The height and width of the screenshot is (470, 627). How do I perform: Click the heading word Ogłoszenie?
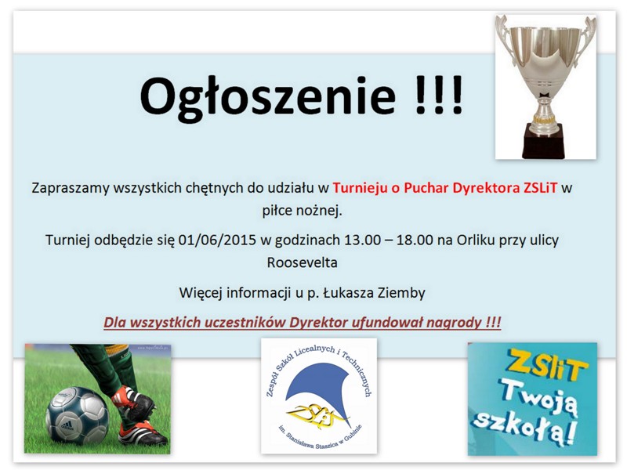point(268,97)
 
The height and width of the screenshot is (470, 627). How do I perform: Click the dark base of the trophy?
point(544,141)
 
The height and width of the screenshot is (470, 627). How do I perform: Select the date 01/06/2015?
point(217,240)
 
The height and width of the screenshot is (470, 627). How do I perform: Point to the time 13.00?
point(362,240)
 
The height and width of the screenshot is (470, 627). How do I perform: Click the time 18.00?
point(415,240)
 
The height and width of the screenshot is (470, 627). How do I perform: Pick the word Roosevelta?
point(303,262)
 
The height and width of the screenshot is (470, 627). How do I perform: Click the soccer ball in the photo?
point(77,416)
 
